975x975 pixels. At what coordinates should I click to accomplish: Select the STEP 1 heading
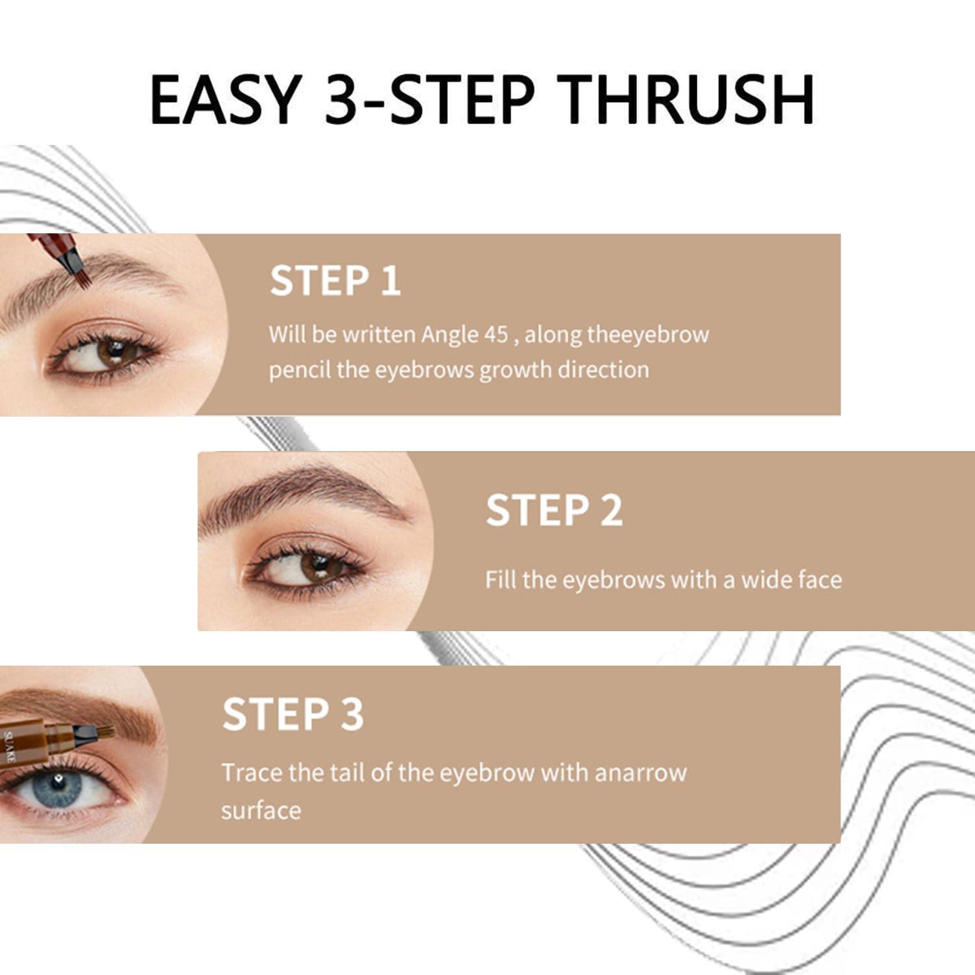tap(335, 281)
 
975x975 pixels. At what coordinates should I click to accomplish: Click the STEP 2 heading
tap(554, 510)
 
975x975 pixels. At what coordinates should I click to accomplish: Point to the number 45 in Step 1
tap(496, 334)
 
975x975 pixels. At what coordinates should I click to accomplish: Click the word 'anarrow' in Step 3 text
tap(640, 773)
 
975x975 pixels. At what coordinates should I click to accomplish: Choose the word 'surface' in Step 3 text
tap(261, 811)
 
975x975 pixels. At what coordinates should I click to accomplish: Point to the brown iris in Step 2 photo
tap(318, 567)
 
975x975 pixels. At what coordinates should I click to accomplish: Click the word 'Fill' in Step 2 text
tap(500, 579)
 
